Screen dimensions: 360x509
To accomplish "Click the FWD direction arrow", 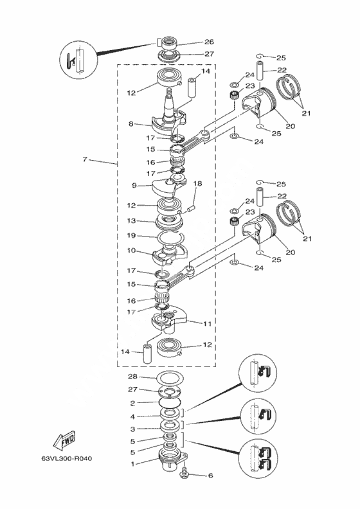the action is pyautogui.click(x=64, y=440).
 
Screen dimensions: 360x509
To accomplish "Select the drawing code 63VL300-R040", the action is pyautogui.click(x=67, y=458).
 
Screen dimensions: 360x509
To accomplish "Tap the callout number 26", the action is pyautogui.click(x=209, y=42).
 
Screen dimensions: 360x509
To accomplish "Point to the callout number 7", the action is pyautogui.click(x=85, y=159).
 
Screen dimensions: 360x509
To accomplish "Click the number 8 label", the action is pyautogui.click(x=130, y=123).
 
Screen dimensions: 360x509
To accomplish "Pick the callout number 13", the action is pyautogui.click(x=131, y=220).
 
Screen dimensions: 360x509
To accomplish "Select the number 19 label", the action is pyautogui.click(x=131, y=235).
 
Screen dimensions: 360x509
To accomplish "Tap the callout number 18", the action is pyautogui.click(x=197, y=184).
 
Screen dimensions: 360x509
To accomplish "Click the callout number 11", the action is pyautogui.click(x=207, y=324).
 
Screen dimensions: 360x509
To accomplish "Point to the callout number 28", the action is pyautogui.click(x=133, y=377).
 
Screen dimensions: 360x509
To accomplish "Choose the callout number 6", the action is pyautogui.click(x=210, y=476).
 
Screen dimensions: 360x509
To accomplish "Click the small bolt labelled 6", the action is pyautogui.click(x=183, y=472).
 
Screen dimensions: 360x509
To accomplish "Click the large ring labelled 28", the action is pyautogui.click(x=170, y=378).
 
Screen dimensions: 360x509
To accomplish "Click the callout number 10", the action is pyautogui.click(x=131, y=251).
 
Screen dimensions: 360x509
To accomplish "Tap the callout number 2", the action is pyautogui.click(x=132, y=403).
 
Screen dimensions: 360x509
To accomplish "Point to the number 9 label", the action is pyautogui.click(x=134, y=186).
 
